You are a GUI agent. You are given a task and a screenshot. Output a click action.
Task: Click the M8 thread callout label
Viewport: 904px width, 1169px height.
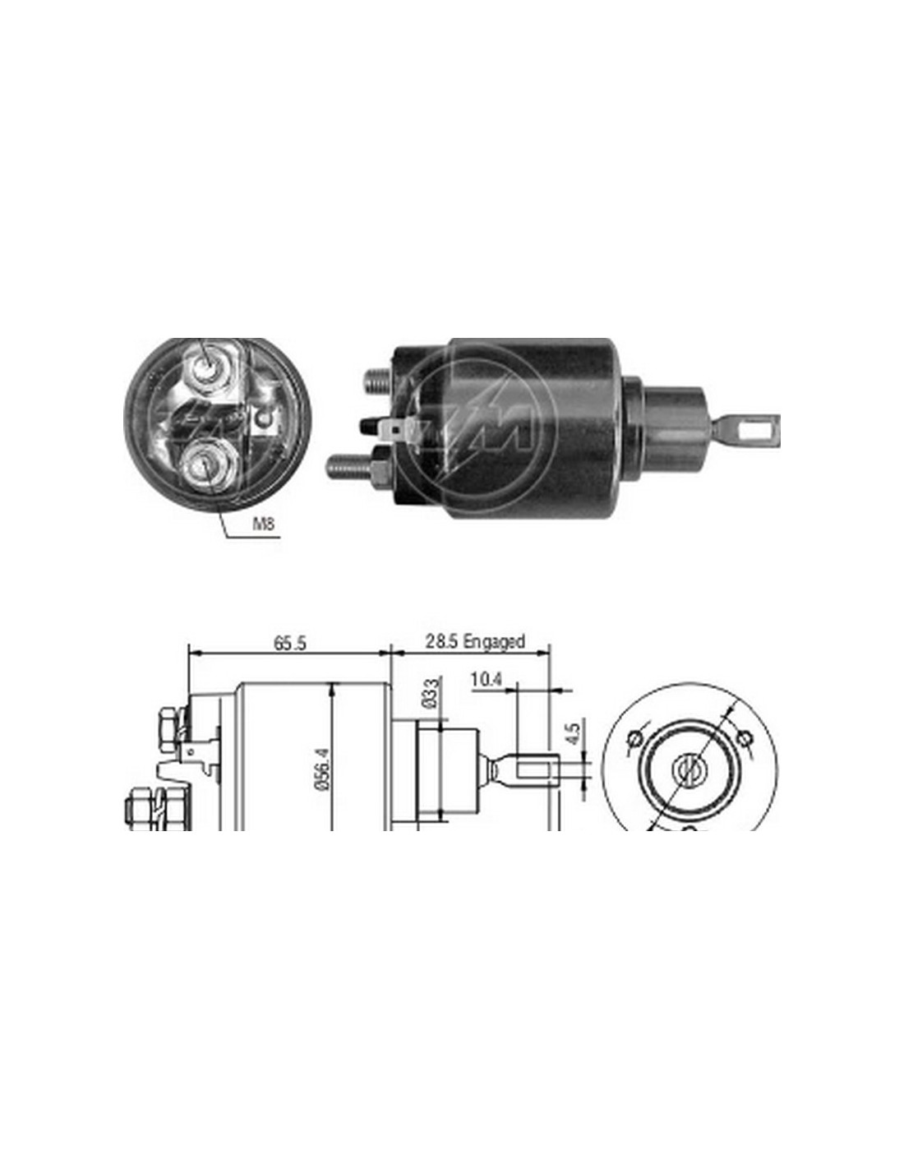coord(264,523)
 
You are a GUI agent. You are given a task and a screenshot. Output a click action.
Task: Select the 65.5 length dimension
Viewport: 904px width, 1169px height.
coord(290,643)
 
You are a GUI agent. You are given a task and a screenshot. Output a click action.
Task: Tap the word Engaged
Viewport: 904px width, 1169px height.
coord(494,642)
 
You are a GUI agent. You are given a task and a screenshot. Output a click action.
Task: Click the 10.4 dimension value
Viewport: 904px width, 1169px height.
coord(487,680)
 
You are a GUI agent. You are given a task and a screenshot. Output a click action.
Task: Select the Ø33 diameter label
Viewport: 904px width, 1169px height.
coord(435,694)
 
